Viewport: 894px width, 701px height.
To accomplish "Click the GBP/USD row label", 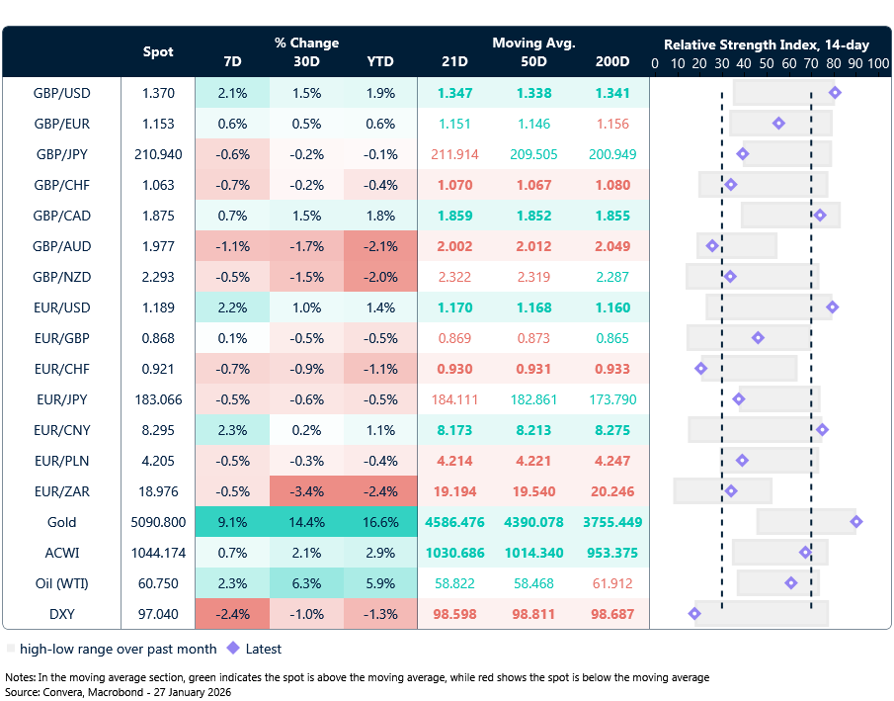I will [61, 93].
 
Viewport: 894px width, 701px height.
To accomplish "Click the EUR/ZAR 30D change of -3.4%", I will [305, 491].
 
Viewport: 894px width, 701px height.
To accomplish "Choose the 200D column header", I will [611, 61].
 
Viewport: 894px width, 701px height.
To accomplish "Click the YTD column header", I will [379, 61].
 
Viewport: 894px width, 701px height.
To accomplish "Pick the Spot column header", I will [158, 51].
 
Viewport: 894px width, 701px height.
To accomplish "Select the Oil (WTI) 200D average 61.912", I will [611, 583].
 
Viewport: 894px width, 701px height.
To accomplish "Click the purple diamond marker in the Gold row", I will [855, 522].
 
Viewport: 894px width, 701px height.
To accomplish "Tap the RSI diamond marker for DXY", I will [694, 614].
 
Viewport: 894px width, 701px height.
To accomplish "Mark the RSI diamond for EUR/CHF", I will [701, 369].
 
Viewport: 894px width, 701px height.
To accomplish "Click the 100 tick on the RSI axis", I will [877, 62].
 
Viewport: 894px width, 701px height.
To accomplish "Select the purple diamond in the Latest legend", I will [234, 650].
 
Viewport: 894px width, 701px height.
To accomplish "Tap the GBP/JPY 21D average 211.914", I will [454, 154].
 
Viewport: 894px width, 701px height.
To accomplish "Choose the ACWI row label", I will [61, 553].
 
